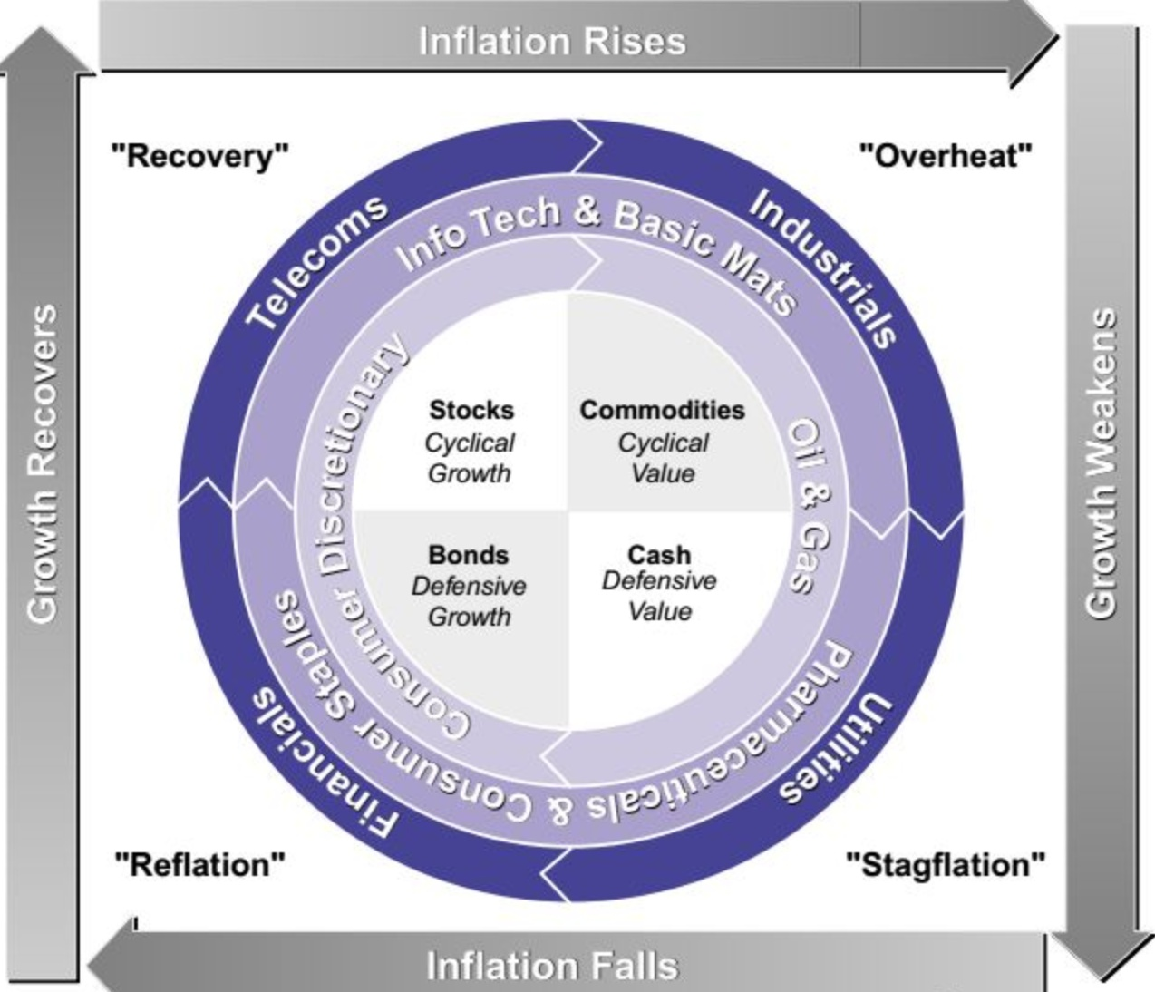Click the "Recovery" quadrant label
pyautogui.click(x=199, y=156)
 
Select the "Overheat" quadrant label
pyautogui.click(x=945, y=156)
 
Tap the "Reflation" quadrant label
pyautogui.click(x=199, y=864)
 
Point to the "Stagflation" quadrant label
pyautogui.click(x=945, y=864)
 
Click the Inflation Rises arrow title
pyautogui.click(x=552, y=41)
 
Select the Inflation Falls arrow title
pyautogui.click(x=552, y=966)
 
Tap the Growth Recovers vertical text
pyautogui.click(x=43, y=463)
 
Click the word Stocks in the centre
pyautogui.click(x=471, y=410)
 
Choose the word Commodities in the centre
pyautogui.click(x=662, y=410)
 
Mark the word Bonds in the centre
pyautogui.click(x=468, y=554)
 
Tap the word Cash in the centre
pyautogui.click(x=659, y=554)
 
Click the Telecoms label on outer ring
pyautogui.click(x=317, y=262)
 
